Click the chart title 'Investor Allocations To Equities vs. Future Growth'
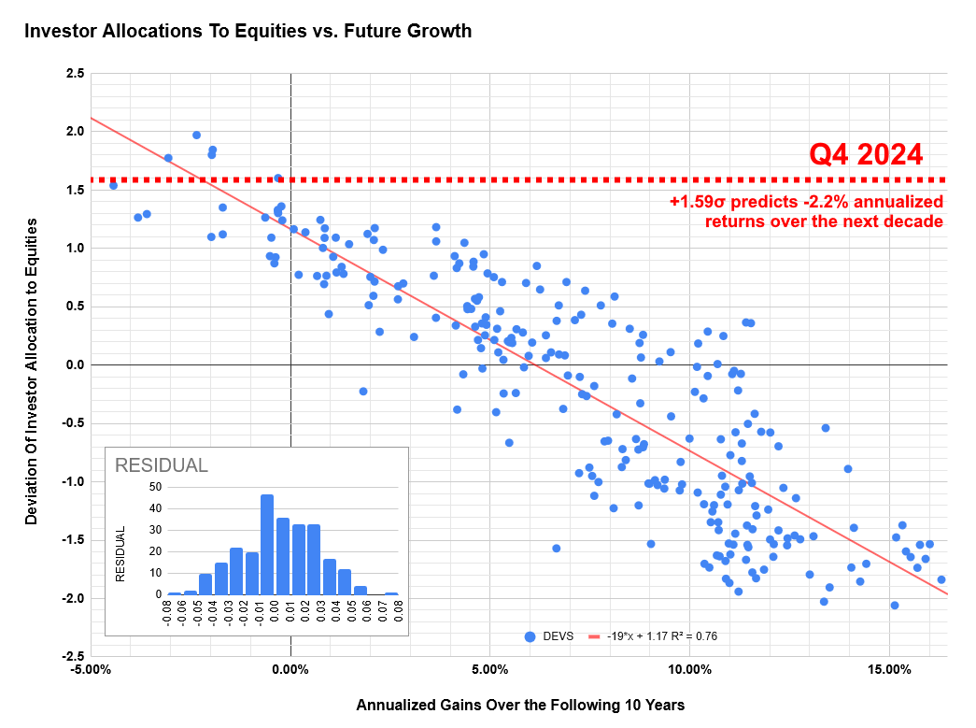pos(248,31)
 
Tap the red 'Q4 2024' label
pos(865,154)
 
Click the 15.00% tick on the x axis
pos(889,670)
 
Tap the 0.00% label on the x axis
pos(290,670)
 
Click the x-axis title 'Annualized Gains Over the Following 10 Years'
pos(520,705)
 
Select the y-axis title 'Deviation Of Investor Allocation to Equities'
pos(32,371)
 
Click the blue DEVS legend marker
pos(530,637)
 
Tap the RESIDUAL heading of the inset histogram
pos(161,465)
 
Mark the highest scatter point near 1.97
pos(196,135)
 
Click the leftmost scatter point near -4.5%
pos(113,185)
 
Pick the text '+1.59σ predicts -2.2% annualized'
pos(806,202)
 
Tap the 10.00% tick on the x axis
pos(689,670)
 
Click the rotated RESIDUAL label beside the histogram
pos(120,553)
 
